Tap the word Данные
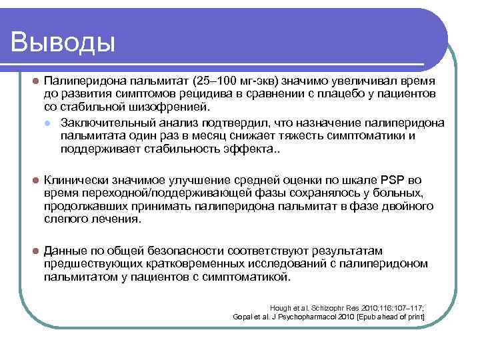click(x=65, y=251)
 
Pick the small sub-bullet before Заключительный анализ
click(x=48, y=123)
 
